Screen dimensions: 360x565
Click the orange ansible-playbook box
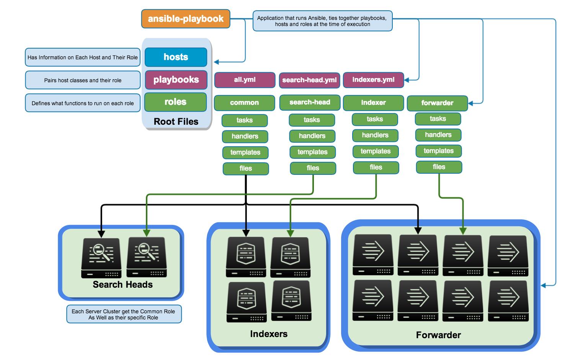(x=186, y=19)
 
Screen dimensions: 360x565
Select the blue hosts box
(x=176, y=57)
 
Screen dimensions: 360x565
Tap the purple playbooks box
(x=176, y=80)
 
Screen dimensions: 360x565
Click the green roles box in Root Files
(x=175, y=102)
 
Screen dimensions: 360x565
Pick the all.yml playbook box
(x=245, y=80)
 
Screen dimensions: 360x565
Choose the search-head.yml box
(x=309, y=80)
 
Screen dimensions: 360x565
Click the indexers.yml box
(x=373, y=80)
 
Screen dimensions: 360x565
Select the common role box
(x=244, y=103)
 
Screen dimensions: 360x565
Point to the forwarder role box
(x=437, y=103)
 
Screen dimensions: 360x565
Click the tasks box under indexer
(x=375, y=119)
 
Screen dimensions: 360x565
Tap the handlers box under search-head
(x=312, y=136)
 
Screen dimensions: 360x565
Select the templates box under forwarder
(x=438, y=151)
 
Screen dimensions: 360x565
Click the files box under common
(x=246, y=168)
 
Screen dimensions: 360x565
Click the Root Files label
(x=176, y=122)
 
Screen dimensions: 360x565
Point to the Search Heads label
(x=122, y=285)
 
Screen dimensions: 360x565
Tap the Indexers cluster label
(x=269, y=334)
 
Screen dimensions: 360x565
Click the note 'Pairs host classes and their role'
(x=83, y=80)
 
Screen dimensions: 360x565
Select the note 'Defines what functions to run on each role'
(x=83, y=103)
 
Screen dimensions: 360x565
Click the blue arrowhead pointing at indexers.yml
(x=407, y=80)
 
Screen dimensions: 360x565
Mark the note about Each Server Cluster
(x=124, y=314)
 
